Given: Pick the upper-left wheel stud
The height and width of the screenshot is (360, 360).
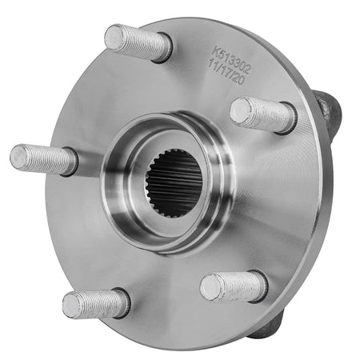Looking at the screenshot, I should [137, 42].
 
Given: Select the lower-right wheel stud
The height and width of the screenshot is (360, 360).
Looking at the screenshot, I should [233, 286].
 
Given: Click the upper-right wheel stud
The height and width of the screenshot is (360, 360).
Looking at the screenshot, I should [262, 114].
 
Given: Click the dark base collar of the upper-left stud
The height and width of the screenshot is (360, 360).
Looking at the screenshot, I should [163, 50].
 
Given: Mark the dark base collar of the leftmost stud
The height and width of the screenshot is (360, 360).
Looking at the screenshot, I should [70, 162].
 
